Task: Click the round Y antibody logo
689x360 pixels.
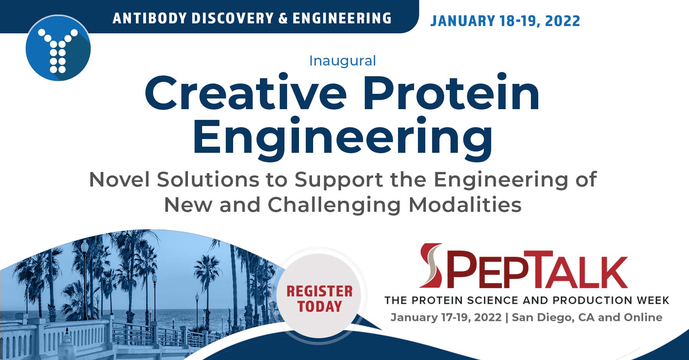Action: (58, 48)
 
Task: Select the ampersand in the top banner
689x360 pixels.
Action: (283, 18)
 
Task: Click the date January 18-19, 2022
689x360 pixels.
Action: (505, 21)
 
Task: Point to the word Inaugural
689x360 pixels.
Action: (343, 61)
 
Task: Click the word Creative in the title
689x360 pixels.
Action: (245, 93)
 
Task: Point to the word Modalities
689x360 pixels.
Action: (465, 205)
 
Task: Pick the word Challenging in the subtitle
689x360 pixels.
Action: (334, 205)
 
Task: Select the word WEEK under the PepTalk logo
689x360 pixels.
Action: (653, 300)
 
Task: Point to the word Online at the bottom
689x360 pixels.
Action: (643, 317)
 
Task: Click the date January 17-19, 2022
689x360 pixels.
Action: (446, 317)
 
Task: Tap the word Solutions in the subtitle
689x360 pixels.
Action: (207, 179)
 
